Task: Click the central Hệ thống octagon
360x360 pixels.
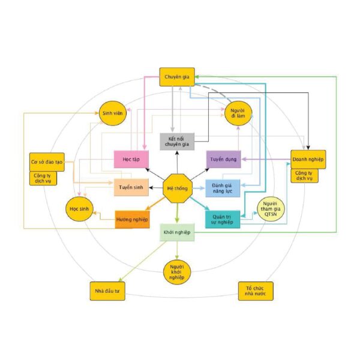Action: tap(178, 188)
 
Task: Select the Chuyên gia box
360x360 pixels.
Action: tap(177, 77)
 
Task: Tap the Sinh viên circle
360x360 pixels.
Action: tap(113, 113)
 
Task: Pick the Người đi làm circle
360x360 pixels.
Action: tap(238, 113)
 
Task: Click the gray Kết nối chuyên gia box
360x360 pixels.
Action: tap(177, 142)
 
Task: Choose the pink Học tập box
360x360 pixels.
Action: tap(131, 159)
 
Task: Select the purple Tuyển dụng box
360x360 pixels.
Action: tap(224, 159)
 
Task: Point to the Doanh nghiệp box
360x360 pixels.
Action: tap(308, 160)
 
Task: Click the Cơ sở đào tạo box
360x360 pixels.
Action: tap(47, 162)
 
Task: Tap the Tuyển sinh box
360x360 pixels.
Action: tap(131, 187)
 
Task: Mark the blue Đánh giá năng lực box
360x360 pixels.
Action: tap(223, 188)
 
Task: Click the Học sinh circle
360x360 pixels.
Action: tap(79, 209)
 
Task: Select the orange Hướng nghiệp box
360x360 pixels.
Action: tap(132, 220)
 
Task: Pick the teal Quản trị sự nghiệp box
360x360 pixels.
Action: tap(223, 220)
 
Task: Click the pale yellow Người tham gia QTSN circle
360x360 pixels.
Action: tap(271, 209)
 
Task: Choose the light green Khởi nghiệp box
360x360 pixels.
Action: tap(177, 232)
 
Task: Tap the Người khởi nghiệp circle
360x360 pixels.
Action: tap(177, 272)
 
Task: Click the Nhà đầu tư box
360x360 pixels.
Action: tap(107, 291)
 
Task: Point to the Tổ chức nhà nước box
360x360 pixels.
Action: tap(256, 291)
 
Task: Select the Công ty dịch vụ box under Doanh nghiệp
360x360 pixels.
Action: tap(304, 176)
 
